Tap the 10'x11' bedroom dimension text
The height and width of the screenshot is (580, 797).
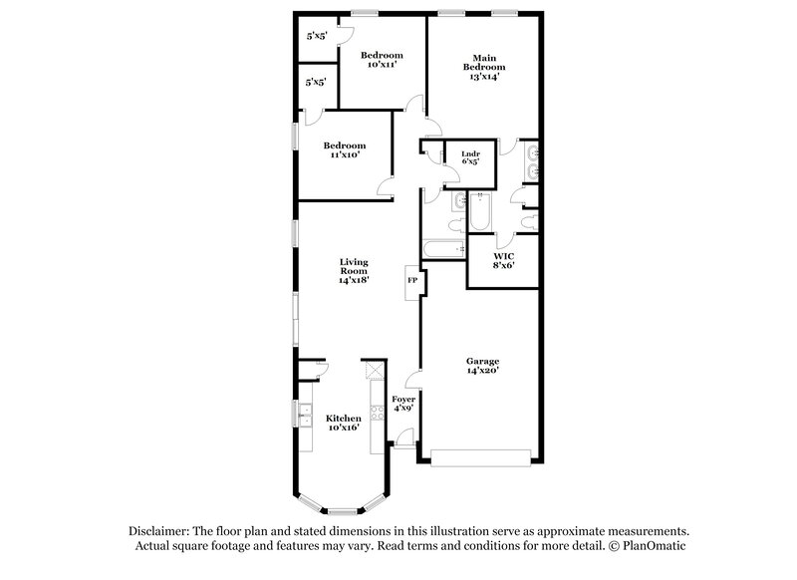coord(382,64)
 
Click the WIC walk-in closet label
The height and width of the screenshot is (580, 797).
coord(502,260)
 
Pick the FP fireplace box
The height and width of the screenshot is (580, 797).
coord(411,282)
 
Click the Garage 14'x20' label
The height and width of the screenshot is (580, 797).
coord(481,365)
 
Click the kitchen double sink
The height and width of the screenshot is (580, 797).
coord(300,412)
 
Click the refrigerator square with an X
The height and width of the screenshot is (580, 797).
coord(374,370)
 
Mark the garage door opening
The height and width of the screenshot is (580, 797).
coord(481,457)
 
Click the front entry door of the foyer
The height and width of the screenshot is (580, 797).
coord(404,439)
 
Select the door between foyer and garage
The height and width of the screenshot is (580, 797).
coord(417,379)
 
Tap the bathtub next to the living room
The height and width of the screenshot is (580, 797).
coord(444,250)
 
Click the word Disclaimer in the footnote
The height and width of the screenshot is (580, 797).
coord(158,531)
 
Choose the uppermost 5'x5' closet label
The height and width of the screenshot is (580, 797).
coord(317,36)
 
